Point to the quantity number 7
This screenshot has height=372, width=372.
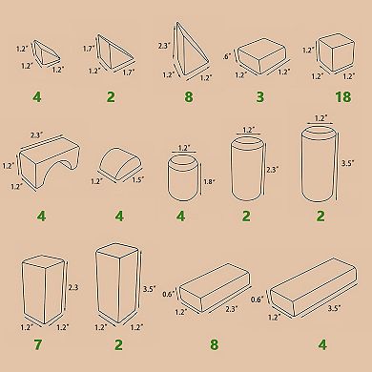[x=39, y=343]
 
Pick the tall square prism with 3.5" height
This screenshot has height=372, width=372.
[x=119, y=286]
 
